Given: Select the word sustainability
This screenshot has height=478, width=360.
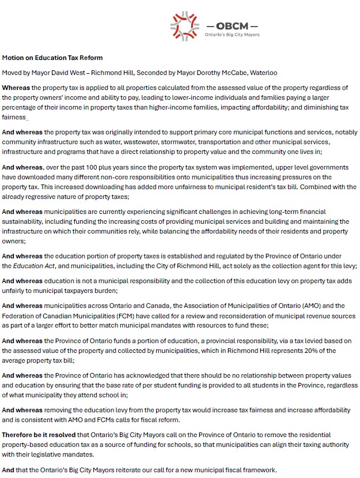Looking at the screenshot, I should [x=26, y=221].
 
